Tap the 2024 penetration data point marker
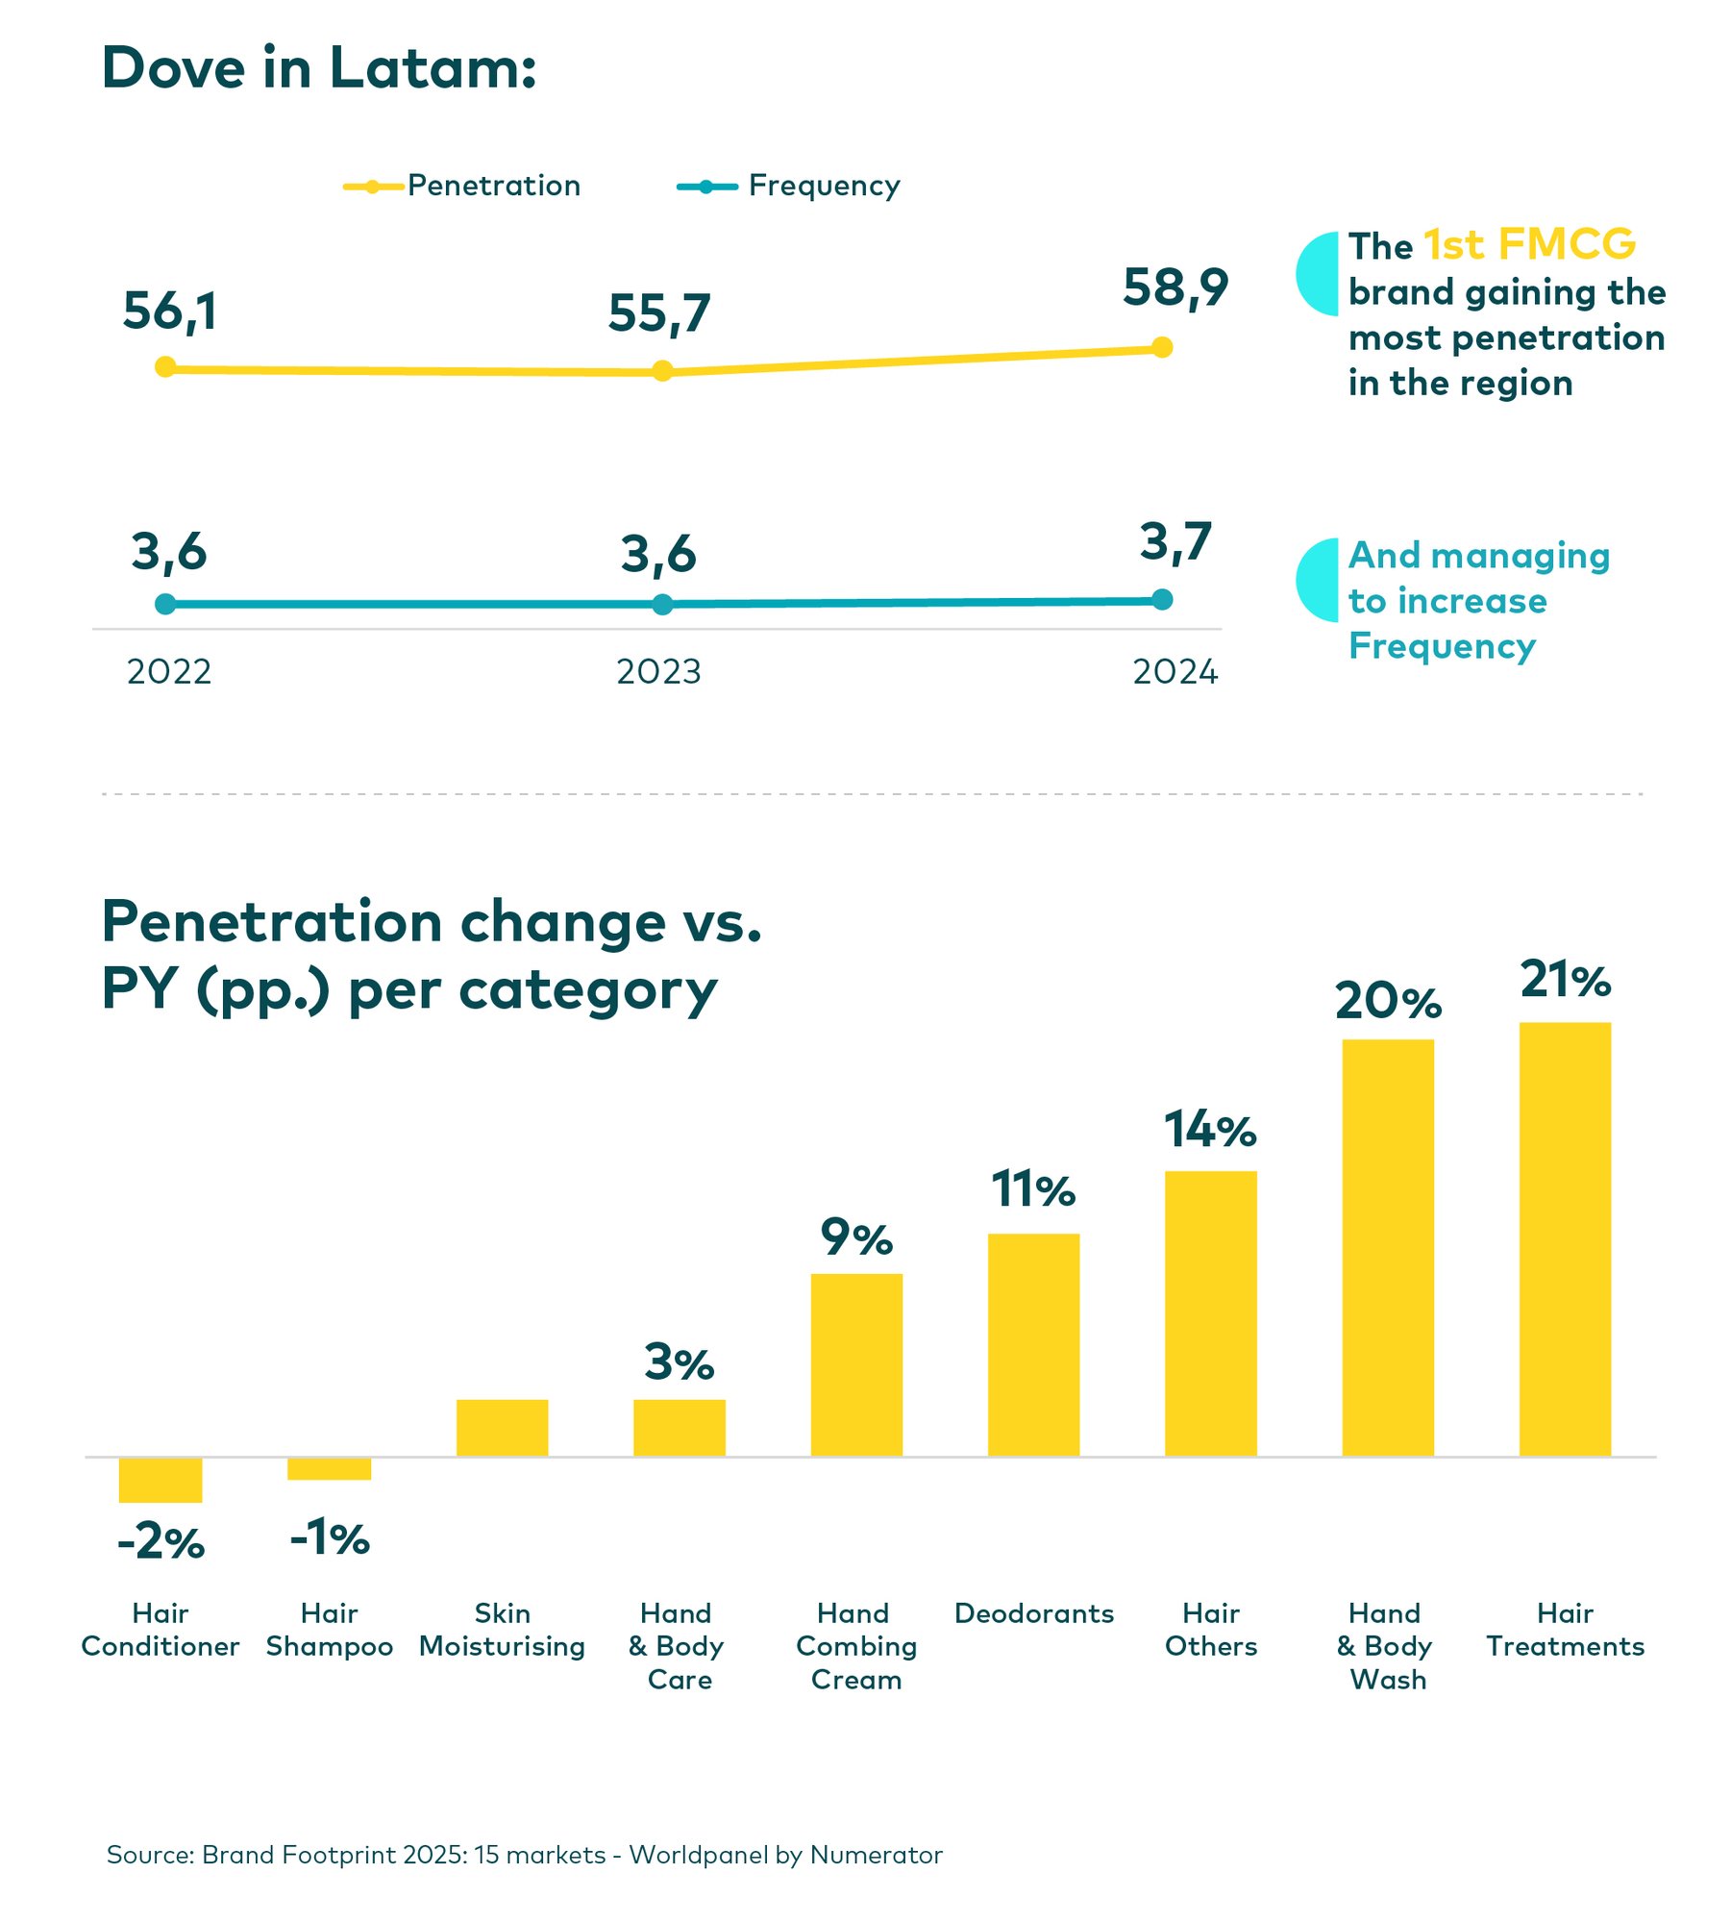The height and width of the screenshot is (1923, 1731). click(1161, 347)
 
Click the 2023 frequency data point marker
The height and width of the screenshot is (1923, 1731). click(662, 605)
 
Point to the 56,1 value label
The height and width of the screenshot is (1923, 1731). click(170, 312)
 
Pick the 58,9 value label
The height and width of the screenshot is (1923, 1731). click(1175, 287)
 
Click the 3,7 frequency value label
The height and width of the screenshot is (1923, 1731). click(1175, 542)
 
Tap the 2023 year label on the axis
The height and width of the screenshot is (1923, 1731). click(658, 672)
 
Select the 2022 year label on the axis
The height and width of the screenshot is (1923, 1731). click(169, 672)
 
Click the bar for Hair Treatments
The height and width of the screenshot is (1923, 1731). click(1564, 1240)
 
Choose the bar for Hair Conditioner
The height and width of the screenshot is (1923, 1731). click(161, 1480)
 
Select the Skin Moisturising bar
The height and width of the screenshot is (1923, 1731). click(502, 1428)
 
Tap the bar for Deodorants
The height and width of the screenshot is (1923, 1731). click(1033, 1346)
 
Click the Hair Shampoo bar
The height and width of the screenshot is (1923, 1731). click(329, 1469)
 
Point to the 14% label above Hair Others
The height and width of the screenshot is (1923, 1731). click(1210, 1130)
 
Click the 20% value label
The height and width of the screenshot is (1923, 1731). click(1387, 1002)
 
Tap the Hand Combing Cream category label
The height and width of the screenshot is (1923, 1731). click(855, 1646)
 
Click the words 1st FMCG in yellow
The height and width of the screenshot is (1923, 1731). click(1528, 245)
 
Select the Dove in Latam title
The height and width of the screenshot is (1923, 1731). click(319, 69)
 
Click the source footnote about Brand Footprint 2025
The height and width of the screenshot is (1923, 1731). click(524, 1855)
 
